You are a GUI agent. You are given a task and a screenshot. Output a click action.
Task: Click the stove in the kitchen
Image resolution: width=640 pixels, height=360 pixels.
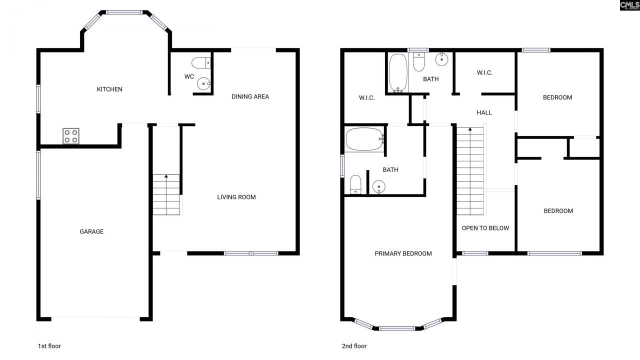coord(70,136)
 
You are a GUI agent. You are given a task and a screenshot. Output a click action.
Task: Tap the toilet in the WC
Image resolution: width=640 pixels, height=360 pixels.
coord(201,63)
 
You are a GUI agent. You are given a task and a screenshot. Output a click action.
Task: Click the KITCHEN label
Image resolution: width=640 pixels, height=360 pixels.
coord(109,89)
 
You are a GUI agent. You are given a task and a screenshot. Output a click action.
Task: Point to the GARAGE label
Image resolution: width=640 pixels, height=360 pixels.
coord(91,231)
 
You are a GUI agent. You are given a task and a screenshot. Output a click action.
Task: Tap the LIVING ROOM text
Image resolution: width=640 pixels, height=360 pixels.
coord(236,197)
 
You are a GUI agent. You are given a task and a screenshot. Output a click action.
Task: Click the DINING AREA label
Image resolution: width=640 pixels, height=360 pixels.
coord(250,96)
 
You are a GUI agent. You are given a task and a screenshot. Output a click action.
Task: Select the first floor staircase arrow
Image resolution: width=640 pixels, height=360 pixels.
coord(166,176)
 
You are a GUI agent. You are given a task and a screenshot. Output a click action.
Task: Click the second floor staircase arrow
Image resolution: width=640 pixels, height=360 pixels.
coord(470,129)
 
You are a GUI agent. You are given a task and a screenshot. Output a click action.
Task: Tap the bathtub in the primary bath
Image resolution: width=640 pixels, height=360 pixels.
coord(364,139)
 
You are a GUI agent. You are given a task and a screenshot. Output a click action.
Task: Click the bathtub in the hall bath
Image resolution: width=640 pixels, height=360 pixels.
coord(398,73)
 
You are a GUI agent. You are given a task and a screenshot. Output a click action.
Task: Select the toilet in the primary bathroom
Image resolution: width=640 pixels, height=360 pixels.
coord(355,183)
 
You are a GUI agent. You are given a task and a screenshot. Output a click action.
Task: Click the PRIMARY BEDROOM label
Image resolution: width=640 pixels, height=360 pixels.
coord(403,253)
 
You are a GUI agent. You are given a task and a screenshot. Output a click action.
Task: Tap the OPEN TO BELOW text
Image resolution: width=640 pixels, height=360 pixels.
coord(485,228)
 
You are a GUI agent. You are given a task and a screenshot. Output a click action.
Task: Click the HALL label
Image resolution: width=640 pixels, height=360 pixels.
coord(484,112)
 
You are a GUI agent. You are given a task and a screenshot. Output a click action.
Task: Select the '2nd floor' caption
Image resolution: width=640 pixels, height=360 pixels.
coord(353,346)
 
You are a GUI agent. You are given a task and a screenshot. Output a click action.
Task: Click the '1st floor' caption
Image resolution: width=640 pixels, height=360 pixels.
coord(49,346)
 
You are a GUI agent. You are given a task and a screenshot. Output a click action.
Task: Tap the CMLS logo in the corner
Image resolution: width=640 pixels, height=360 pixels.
coord(629,5)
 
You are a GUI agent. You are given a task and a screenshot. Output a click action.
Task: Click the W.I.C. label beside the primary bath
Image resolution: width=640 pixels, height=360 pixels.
coord(366,98)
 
